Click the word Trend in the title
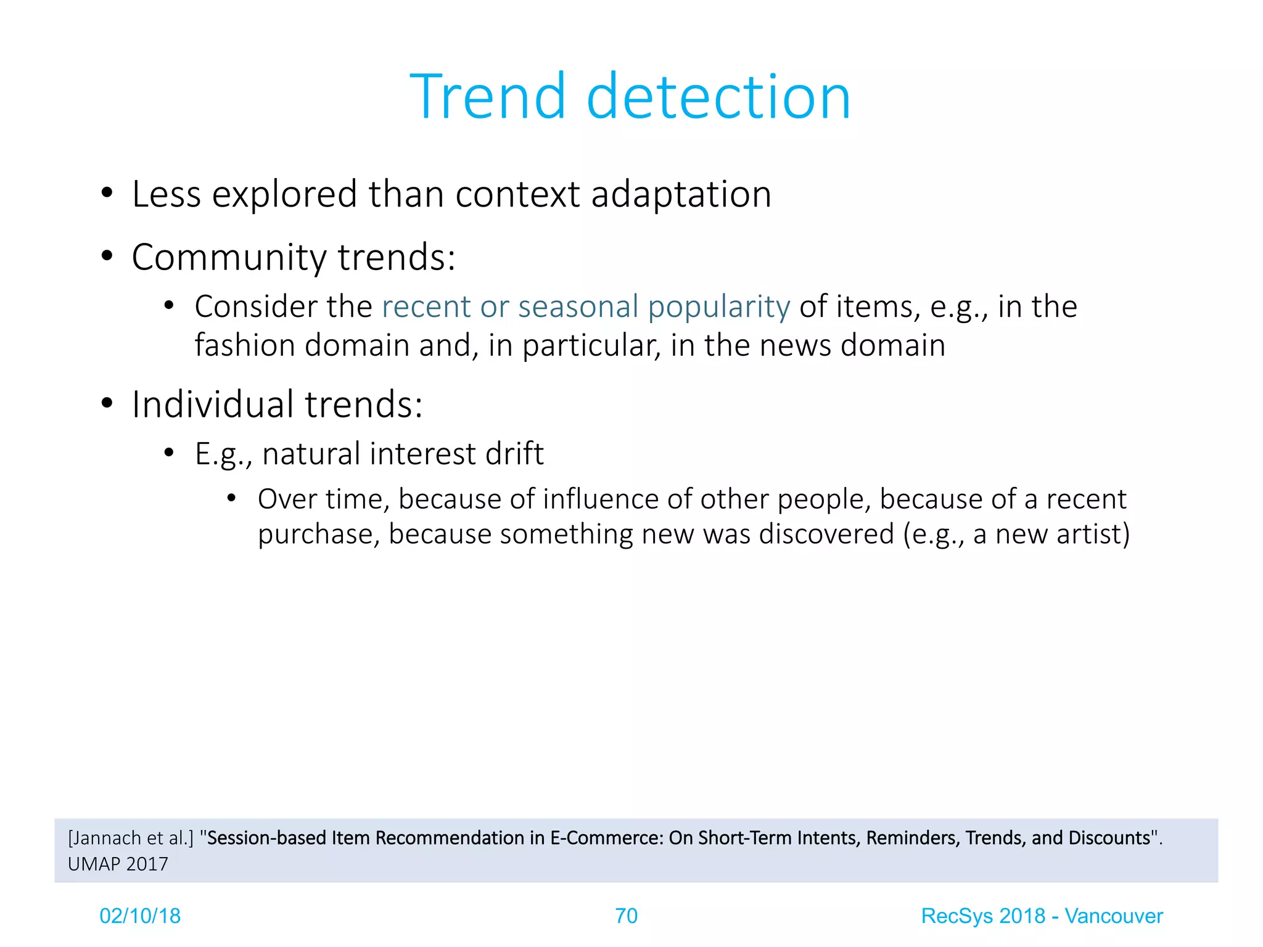pos(487,97)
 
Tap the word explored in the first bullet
pos(284,195)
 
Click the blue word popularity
pos(719,308)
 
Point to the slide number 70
pos(626,916)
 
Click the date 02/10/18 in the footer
pos(140,916)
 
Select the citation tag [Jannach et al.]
pos(131,838)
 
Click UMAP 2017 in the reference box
pos(118,864)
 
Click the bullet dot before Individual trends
pos(107,404)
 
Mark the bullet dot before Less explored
pos(107,193)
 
